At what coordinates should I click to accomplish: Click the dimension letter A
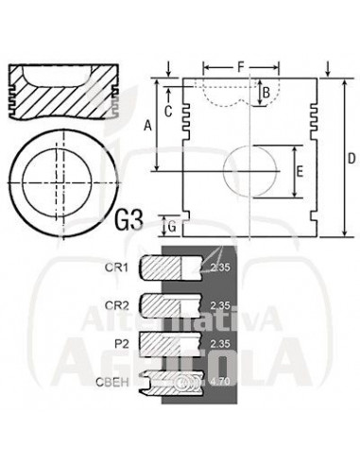pos(147,126)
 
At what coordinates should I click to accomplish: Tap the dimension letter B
pos(266,93)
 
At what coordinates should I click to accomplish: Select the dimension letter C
pos(168,111)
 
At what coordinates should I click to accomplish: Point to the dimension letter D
pos(351,158)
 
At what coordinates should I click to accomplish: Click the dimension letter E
pos(300,172)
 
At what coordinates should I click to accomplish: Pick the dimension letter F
pos(241,67)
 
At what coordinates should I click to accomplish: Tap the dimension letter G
pos(172,227)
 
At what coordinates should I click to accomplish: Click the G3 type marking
pos(129,220)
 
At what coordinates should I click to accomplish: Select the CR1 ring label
pos(116,267)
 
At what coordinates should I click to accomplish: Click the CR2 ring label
pos(116,305)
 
